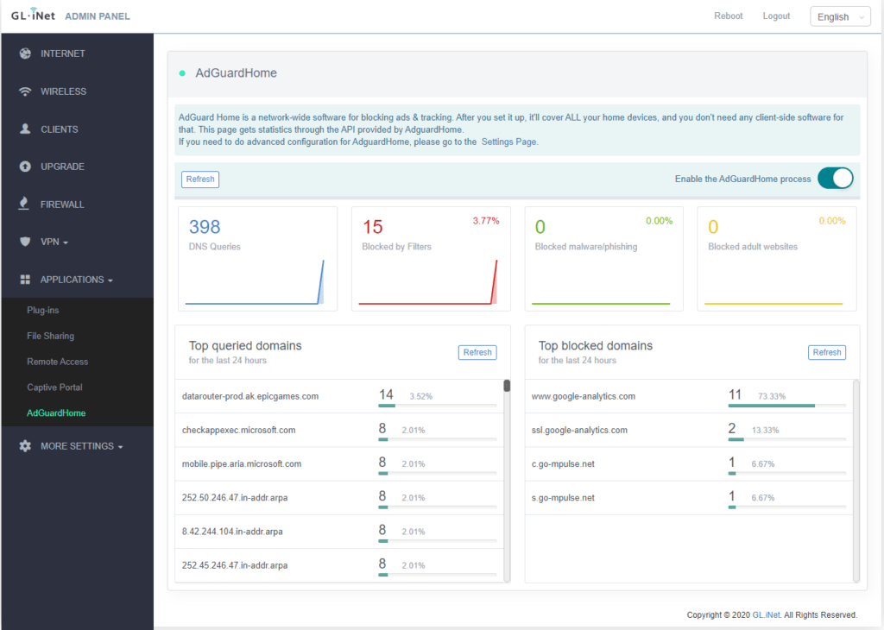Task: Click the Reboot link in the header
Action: [x=728, y=16]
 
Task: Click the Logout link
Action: [x=776, y=16]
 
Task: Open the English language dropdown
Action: [x=839, y=17]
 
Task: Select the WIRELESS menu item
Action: [x=63, y=91]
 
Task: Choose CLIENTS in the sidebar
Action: [x=59, y=129]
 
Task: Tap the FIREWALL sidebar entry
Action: [x=62, y=205]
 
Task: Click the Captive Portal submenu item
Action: [x=54, y=387]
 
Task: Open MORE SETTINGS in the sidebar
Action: [x=77, y=446]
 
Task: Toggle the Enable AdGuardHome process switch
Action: [x=835, y=179]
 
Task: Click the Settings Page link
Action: [x=509, y=142]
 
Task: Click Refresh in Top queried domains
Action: [x=477, y=352]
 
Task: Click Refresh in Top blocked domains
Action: [x=826, y=352]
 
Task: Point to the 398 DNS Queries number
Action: [x=205, y=227]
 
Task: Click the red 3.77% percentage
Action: [x=485, y=222]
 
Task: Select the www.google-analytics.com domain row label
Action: [x=584, y=396]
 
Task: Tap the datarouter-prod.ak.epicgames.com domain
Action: [x=250, y=396]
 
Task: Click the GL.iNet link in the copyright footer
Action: [x=766, y=615]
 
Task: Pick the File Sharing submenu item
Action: [x=50, y=336]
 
